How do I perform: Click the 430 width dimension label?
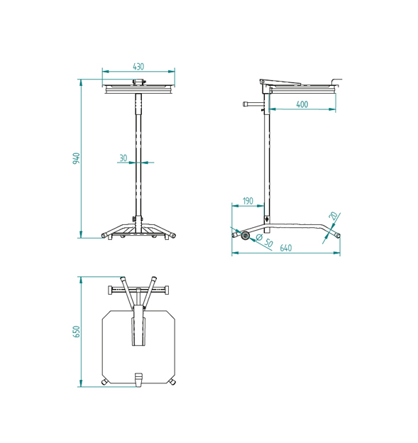pos(138,66)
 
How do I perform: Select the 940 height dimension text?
pos(76,158)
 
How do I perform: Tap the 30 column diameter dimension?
pos(123,158)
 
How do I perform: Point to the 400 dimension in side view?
pos(302,104)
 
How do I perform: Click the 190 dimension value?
pos(248,202)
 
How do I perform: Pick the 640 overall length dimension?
pos(285,248)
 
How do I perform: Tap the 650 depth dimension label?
pos(76,332)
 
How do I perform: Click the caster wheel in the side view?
pos(246,236)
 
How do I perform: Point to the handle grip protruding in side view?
pos(246,104)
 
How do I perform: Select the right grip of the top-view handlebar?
pos(167,290)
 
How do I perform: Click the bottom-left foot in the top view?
pos(106,383)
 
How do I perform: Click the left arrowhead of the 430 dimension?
pos(104,71)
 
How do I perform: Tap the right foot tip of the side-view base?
pos(338,235)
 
